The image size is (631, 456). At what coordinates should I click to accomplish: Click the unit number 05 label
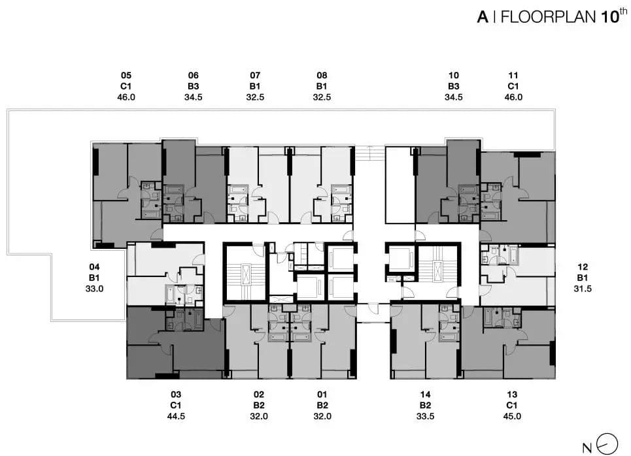126,75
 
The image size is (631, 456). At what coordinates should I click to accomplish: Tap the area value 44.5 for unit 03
176,416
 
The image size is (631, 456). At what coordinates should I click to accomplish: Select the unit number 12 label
583,267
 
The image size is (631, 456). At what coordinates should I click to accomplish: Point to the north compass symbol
607,444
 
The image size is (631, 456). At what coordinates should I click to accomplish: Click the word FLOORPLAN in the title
548,17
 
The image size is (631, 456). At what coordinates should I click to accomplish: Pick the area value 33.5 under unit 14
426,416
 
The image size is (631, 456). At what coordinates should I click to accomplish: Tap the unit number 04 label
94,267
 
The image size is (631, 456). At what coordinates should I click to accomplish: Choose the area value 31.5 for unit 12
583,288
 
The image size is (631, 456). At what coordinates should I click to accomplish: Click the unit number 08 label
322,75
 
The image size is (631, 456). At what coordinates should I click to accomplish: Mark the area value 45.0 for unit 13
512,416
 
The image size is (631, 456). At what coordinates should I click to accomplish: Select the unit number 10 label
454,75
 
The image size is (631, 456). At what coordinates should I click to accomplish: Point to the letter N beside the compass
587,448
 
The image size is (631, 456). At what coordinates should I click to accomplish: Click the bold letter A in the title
483,17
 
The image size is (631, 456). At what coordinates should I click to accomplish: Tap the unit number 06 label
193,75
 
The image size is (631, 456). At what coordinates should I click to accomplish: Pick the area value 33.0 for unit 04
94,288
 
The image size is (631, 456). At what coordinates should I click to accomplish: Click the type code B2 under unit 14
426,405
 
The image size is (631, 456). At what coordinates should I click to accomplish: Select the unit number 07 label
255,75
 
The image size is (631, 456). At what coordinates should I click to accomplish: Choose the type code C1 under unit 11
513,86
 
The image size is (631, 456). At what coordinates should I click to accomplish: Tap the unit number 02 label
259,395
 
